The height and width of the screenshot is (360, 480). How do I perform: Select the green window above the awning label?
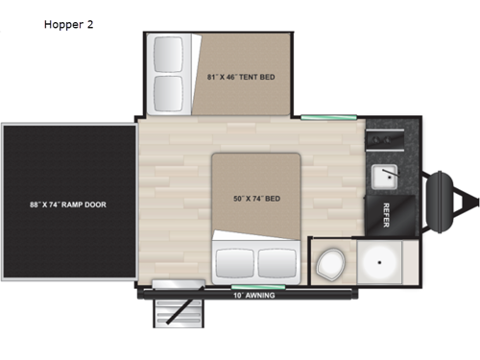[247, 285]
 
